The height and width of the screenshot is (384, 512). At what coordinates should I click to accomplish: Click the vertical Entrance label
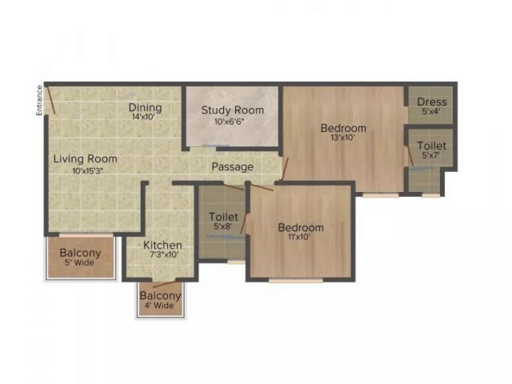pos(39,100)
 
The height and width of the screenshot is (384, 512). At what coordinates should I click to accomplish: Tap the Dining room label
pos(145,108)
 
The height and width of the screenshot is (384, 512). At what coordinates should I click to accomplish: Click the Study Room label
pos(233,110)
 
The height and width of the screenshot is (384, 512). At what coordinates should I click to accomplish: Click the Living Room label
pos(85,159)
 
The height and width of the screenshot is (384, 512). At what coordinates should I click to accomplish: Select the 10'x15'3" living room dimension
pos(87,170)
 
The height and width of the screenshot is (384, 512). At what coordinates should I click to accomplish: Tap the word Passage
pos(233,167)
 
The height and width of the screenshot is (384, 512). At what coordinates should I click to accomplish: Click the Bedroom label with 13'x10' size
pos(343,128)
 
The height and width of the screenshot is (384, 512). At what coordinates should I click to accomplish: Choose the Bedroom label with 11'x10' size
pos(301,227)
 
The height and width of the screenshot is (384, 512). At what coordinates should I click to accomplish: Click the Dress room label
pos(432,102)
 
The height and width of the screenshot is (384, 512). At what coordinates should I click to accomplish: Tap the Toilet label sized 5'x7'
pos(432,145)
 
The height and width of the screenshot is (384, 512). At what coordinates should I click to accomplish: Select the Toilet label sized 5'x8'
pos(224,217)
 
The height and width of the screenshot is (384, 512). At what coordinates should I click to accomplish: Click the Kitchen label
pos(163,245)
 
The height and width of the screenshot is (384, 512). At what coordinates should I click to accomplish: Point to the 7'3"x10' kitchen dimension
pos(163,255)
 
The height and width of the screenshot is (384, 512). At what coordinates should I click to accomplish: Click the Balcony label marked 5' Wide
pos(80,253)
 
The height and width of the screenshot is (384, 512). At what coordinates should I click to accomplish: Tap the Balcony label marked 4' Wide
pos(160,296)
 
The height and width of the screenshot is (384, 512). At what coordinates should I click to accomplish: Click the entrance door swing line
pos(51,99)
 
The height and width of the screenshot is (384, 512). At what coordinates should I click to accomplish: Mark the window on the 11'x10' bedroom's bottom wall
pos(296,280)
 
